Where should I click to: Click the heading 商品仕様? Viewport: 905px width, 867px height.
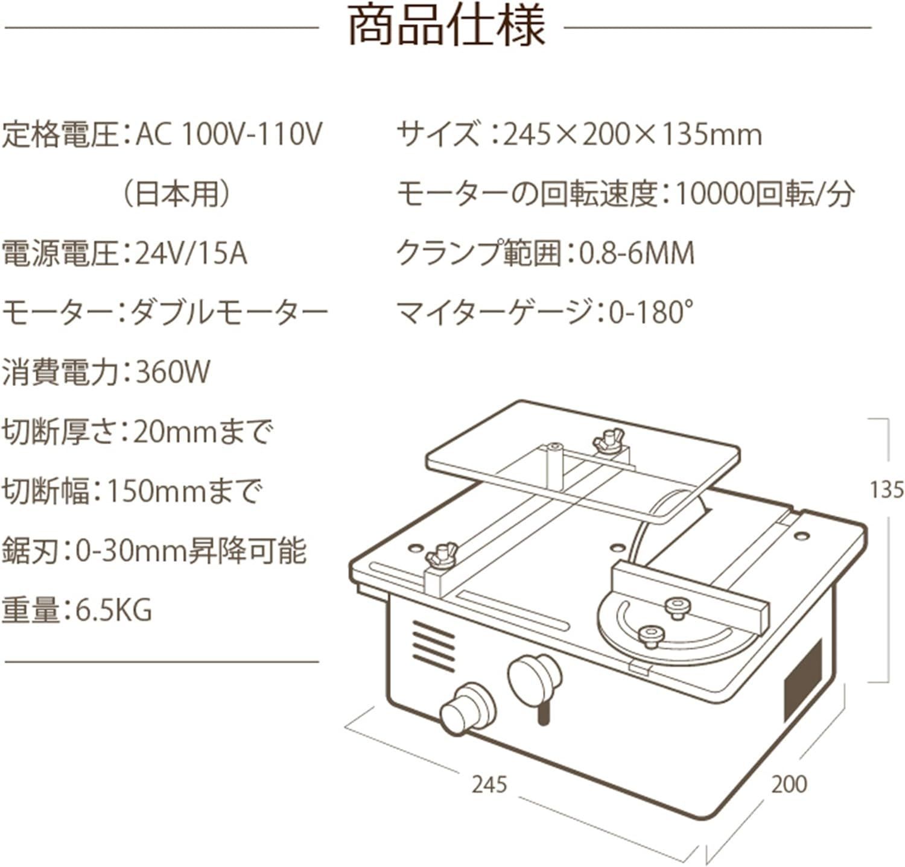point(447,27)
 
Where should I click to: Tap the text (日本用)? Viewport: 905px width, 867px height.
point(175,194)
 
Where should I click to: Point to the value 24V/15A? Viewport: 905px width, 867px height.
point(191,253)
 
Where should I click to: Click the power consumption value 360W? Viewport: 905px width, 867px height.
point(173,372)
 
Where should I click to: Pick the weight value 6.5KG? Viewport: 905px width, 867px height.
point(113,610)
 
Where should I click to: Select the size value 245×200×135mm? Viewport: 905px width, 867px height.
point(632,134)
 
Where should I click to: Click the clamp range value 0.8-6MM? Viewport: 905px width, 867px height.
point(637,254)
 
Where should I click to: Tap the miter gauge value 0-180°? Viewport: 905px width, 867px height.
point(650,313)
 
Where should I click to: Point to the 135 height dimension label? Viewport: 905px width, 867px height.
point(886,490)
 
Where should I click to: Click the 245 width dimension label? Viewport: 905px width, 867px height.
point(489,784)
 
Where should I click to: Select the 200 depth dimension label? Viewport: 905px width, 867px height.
point(789,784)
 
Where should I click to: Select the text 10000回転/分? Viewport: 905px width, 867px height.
point(764,194)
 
